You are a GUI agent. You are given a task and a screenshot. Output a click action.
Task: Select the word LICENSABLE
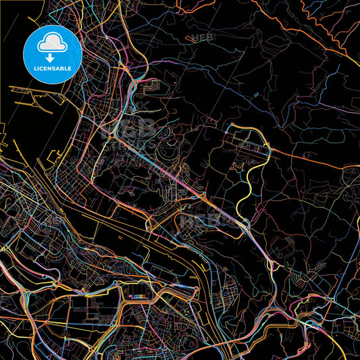[x=52, y=69]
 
